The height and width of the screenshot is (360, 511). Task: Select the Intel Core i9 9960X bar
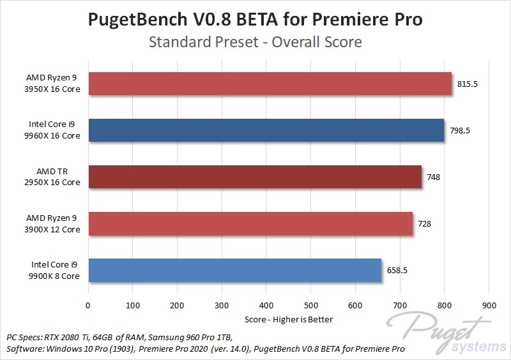266,130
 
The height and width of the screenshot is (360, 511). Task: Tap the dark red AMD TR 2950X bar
254,177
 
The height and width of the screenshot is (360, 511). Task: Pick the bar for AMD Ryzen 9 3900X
250,223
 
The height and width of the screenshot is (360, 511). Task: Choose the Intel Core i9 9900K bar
234,270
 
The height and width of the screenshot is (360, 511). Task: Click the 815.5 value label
468,84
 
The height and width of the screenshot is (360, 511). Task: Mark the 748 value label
434,177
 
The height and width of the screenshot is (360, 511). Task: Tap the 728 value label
425,223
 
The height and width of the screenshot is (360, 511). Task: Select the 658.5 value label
397,270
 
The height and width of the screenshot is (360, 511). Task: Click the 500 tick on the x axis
311,305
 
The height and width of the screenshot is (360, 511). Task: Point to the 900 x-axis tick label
489,305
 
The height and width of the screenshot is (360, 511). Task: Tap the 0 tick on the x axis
88,305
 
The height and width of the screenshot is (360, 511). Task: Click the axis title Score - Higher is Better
289,319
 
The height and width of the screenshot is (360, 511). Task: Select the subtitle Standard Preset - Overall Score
256,43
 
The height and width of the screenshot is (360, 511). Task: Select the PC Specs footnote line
119,337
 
